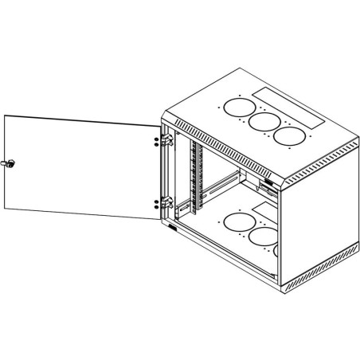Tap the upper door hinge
click(x=166, y=140)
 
